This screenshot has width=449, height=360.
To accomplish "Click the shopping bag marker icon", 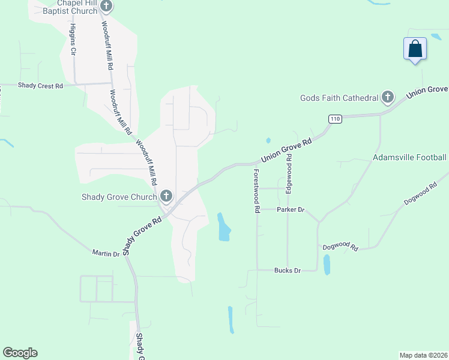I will tap(415, 49).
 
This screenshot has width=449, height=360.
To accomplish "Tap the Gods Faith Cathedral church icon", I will tap(388, 97).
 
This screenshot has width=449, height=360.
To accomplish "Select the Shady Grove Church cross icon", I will tap(166, 196).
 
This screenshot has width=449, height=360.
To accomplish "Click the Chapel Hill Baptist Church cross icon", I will tap(106, 7).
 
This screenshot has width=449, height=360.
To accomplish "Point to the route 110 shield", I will tap(335, 119).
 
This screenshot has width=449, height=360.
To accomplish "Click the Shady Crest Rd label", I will tap(40, 86).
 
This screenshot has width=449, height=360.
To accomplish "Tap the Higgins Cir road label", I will tap(73, 40).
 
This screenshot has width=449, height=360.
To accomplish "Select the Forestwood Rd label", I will tap(256, 191).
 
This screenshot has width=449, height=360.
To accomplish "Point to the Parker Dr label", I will tap(291, 210).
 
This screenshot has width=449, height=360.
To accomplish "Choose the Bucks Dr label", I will tap(287, 271).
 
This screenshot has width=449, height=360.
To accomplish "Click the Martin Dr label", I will tap(106, 254).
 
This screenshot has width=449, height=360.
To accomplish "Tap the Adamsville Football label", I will tap(409, 158).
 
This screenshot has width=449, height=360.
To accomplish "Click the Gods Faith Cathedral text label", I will tap(339, 98).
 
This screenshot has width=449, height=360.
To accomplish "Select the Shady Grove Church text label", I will tap(119, 197).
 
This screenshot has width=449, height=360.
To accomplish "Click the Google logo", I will tap(20, 353).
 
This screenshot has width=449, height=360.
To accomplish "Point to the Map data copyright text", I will tap(423, 355).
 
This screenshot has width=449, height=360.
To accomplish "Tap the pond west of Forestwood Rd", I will tap(223, 227).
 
